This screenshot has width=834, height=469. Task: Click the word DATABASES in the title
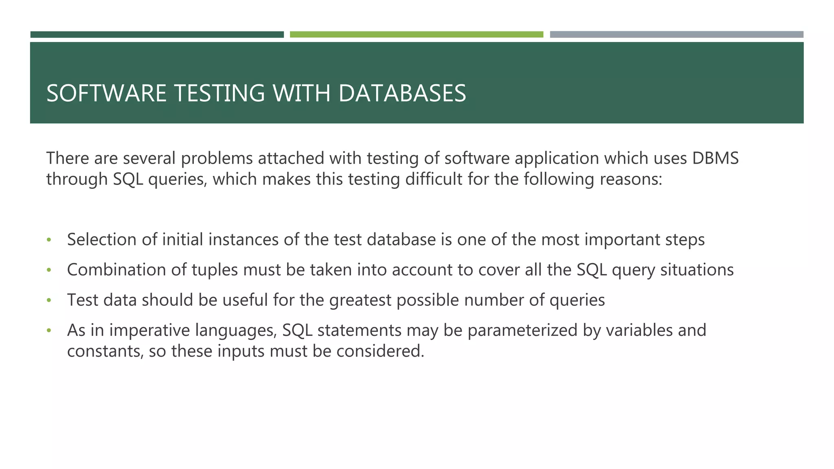(402, 93)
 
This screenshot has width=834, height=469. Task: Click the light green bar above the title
(416, 35)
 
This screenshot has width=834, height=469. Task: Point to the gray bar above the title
(676, 35)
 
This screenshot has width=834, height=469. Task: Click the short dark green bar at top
(157, 35)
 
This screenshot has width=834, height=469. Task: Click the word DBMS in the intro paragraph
(715, 158)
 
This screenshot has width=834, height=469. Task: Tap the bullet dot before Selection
(49, 240)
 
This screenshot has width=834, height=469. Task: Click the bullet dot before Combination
(49, 270)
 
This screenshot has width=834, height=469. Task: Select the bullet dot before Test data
(49, 300)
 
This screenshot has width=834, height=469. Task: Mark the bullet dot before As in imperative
(49, 331)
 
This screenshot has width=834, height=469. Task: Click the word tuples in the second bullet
(215, 270)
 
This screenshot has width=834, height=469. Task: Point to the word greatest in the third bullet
(360, 300)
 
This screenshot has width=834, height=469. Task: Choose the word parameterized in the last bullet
(522, 331)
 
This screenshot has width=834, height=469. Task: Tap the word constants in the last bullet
(105, 351)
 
